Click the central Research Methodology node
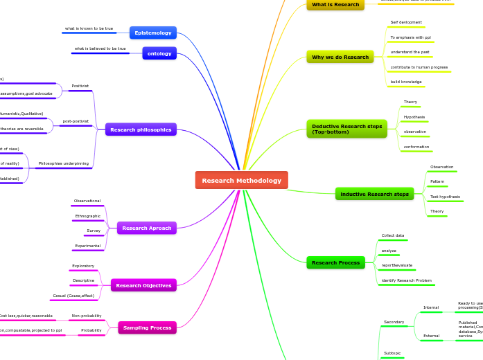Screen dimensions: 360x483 point(241,180)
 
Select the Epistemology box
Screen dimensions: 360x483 point(153,33)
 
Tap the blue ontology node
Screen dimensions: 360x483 point(159,53)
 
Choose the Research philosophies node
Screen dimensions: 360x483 point(141,129)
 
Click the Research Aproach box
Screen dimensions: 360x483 point(146,228)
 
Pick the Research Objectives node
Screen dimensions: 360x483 point(143,285)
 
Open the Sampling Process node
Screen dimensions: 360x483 point(147,327)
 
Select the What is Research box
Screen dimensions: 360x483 point(335,4)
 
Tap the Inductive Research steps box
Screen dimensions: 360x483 point(374,194)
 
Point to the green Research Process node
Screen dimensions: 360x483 point(335,262)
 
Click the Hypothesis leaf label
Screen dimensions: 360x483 point(414,117)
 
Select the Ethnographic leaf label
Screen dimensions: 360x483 point(88,216)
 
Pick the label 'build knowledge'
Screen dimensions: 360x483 point(406,82)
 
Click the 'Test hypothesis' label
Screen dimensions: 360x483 point(445,197)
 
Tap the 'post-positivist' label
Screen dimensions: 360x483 point(76,121)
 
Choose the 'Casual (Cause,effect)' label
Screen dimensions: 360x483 point(73,296)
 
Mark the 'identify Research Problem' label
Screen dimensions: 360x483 point(407,280)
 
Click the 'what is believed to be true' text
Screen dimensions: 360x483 point(100,48)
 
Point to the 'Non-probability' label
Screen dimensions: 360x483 point(87,316)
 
